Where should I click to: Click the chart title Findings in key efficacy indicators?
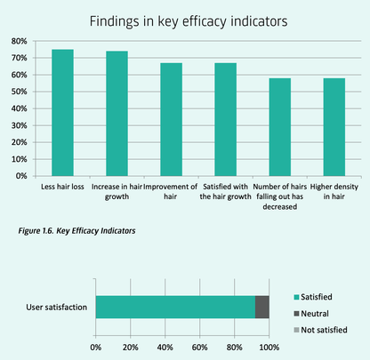point(185,19)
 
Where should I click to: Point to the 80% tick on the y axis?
point(18,41)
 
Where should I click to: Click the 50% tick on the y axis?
point(18,92)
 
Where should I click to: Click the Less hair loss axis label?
point(62,188)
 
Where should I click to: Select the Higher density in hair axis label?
point(334,193)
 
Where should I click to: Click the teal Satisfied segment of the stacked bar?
point(174,307)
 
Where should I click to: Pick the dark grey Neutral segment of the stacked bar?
point(261,307)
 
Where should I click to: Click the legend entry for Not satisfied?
point(324,330)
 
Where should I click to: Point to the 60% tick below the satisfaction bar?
point(199,347)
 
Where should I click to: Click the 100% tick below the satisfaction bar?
point(269,347)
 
